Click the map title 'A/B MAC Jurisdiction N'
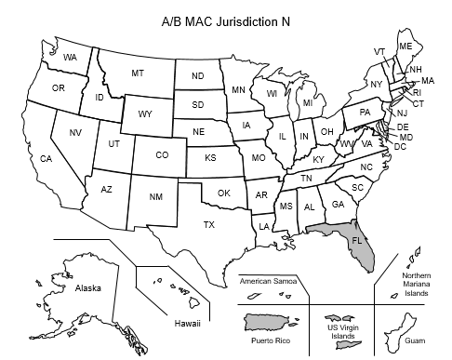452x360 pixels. point(226,18)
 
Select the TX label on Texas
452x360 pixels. point(209,224)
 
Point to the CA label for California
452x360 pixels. point(46,159)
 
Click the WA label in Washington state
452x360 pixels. point(70,58)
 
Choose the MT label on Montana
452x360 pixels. point(137,73)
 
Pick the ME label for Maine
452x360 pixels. point(405,46)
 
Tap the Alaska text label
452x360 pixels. point(87,288)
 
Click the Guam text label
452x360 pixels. point(415,341)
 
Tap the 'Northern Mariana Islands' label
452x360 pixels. point(415,285)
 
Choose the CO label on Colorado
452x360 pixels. point(162,155)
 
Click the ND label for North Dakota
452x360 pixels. point(197,76)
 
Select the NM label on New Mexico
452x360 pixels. point(155,196)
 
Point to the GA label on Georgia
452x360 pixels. point(338,204)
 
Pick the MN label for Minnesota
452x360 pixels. point(238,90)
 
